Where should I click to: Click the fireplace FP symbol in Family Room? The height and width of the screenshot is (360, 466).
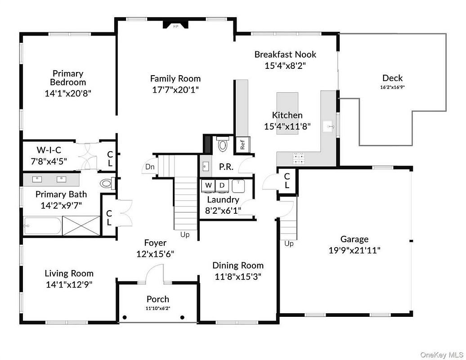pos(175,25)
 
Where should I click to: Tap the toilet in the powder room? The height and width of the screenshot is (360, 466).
pos(222,144)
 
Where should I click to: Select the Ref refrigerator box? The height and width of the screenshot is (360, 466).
pos(242,144)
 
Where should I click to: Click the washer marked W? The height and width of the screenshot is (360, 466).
pos(208,185)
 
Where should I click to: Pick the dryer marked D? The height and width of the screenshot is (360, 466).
pos(222,185)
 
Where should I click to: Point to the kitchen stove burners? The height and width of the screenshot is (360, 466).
pos(299,158)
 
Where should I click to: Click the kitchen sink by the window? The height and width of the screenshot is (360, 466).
pos(329,126)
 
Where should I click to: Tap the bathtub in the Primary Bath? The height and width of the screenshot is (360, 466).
pos(42,226)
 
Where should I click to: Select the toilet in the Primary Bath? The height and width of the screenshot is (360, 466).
pos(107,183)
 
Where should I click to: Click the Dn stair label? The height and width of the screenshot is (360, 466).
pos(150,167)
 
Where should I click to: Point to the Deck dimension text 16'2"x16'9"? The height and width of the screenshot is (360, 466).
pos(392,87)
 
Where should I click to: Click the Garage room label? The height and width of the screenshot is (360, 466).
pos(354,239)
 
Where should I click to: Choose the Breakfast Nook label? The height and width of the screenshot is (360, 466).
pos(285,54)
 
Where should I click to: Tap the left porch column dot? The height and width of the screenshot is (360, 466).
pos(125,318)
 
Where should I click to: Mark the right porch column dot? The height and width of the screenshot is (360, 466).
pos(183,318)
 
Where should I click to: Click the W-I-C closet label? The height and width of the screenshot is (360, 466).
pos(49,150)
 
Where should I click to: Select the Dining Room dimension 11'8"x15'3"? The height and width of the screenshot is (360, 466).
pos(238,277)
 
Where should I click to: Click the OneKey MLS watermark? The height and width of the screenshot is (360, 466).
pos(442,355)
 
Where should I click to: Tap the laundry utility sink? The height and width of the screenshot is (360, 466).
pos(238,186)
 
